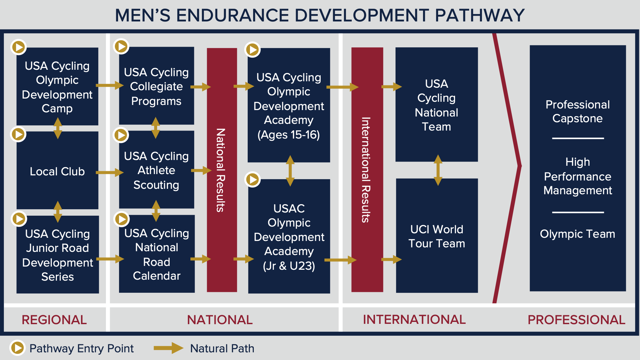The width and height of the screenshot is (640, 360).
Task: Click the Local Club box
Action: point(57,172)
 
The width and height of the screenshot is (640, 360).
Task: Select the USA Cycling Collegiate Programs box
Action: point(156,86)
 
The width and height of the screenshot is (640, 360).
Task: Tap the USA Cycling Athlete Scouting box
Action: point(156,170)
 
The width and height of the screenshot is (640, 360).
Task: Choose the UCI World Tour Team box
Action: point(437,236)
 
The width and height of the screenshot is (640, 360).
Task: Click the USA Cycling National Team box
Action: point(436,105)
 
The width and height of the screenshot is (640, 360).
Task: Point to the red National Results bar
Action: point(222,170)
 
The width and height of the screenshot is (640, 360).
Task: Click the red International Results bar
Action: point(367,170)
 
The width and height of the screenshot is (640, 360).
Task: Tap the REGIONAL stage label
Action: point(54,320)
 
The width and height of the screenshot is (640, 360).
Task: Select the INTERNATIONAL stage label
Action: point(414,319)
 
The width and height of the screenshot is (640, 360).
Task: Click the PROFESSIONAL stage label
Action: point(576,320)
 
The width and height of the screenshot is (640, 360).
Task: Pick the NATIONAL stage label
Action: point(220,320)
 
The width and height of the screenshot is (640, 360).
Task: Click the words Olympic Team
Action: point(577,234)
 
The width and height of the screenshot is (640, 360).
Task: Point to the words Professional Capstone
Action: point(578,111)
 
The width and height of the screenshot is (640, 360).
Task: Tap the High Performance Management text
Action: point(578,176)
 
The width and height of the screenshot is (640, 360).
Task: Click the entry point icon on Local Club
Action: point(19,134)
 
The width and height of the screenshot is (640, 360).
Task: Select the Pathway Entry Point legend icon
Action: point(18,348)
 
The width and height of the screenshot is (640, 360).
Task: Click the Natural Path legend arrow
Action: point(168,348)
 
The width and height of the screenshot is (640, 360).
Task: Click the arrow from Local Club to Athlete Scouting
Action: point(109,173)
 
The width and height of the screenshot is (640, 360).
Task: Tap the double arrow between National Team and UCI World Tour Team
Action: point(438,170)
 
